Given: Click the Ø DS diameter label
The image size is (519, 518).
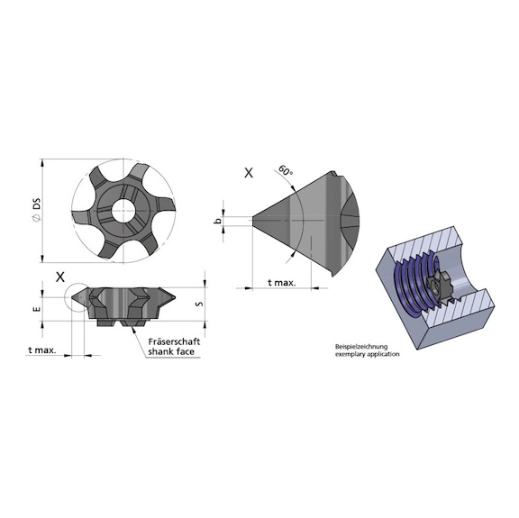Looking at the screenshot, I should pyautogui.click(x=37, y=211).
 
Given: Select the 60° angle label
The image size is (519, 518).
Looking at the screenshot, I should pyautogui.click(x=286, y=170).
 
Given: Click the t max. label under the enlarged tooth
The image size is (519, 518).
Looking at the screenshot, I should pyautogui.click(x=282, y=282).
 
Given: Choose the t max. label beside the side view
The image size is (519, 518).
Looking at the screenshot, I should pyautogui.click(x=42, y=349).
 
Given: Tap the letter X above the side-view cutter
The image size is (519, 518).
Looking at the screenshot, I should pyautogui.click(x=59, y=276).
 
